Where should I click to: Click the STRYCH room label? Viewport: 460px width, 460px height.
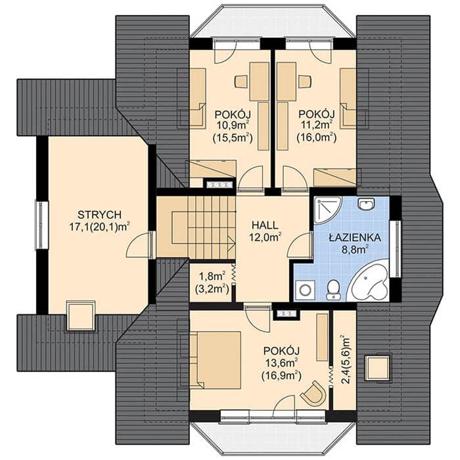[99, 215]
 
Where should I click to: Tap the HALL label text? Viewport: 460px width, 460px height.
[265, 225]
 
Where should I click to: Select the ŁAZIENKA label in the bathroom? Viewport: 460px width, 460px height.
[355, 237]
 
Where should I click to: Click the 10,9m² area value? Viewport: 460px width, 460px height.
[233, 126]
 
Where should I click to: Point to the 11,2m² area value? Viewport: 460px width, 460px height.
[317, 126]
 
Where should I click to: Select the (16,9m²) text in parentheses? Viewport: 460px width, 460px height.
[282, 375]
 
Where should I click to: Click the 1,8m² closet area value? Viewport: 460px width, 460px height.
[212, 277]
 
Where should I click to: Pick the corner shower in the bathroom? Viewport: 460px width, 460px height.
[326, 210]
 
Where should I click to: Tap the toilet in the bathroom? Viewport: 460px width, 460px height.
[333, 290]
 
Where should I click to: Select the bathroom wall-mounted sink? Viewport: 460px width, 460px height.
[366, 204]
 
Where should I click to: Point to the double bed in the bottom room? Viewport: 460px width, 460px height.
[216, 360]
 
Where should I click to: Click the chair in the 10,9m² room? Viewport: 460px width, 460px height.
[241, 81]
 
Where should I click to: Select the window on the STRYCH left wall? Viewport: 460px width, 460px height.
[42, 225]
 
